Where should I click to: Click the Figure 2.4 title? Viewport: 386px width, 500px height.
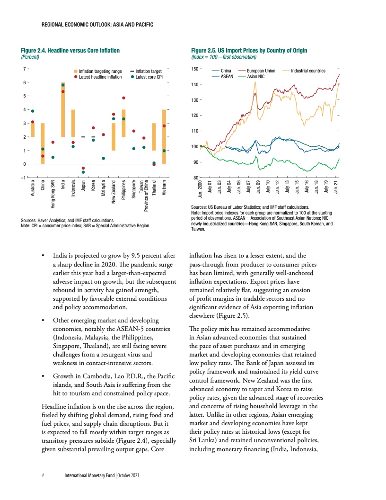(x=70, y=50)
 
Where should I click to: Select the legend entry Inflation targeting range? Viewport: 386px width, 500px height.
(x=100, y=71)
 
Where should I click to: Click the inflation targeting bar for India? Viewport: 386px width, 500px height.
(x=62, y=110)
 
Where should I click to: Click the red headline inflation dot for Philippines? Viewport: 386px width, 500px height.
(x=123, y=98)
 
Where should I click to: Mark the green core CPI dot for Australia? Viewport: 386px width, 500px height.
(x=33, y=111)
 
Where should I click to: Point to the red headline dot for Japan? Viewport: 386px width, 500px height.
(x=83, y=168)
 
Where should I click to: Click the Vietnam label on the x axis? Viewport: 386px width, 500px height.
(x=164, y=187)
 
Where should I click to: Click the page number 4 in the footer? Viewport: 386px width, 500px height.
(x=43, y=475)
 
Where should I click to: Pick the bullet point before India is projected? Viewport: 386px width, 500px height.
(x=44, y=258)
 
